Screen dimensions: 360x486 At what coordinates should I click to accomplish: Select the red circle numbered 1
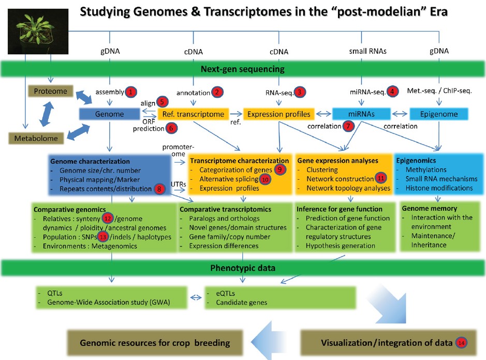(130, 92)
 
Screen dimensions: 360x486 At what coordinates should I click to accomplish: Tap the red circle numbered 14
(461, 342)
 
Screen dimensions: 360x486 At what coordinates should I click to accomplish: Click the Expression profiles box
(277, 114)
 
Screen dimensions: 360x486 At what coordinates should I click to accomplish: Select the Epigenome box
(438, 114)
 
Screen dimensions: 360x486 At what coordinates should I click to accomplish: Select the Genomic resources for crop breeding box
(154, 343)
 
